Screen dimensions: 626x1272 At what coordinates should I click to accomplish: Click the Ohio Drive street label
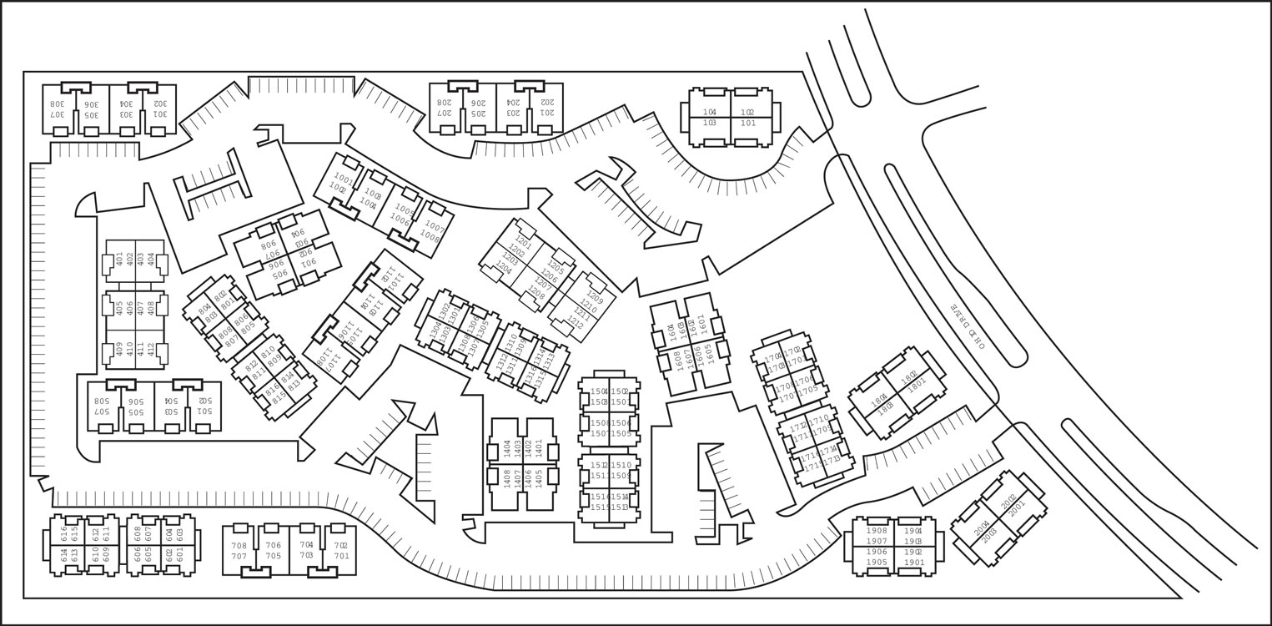pyautogui.click(x=967, y=326)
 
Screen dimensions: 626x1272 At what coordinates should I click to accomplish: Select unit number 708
pyautogui.click(x=239, y=546)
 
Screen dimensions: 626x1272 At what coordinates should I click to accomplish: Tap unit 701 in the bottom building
pyautogui.click(x=341, y=556)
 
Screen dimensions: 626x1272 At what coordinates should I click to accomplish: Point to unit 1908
pyautogui.click(x=877, y=531)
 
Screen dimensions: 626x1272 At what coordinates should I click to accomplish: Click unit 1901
pyautogui.click(x=914, y=562)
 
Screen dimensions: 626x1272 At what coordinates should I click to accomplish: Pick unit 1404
pyautogui.click(x=507, y=448)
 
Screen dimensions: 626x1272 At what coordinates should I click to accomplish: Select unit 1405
pyautogui.click(x=539, y=478)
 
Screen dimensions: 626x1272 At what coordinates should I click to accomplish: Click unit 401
pyautogui.click(x=118, y=259)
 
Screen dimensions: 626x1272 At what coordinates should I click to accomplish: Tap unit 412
pyautogui.click(x=151, y=349)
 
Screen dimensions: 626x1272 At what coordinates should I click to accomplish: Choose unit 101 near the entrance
pyautogui.click(x=748, y=123)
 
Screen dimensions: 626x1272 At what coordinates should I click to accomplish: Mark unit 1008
pyautogui.click(x=430, y=236)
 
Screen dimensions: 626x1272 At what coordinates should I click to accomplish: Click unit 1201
pyautogui.click(x=523, y=242)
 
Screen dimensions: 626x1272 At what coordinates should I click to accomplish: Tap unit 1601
pyautogui.click(x=702, y=321)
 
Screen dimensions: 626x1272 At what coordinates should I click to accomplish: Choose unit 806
pyautogui.click(x=269, y=245)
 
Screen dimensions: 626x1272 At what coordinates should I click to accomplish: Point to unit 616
pyautogui.click(x=64, y=532)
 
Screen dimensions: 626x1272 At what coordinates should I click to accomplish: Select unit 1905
pyautogui.click(x=877, y=562)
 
